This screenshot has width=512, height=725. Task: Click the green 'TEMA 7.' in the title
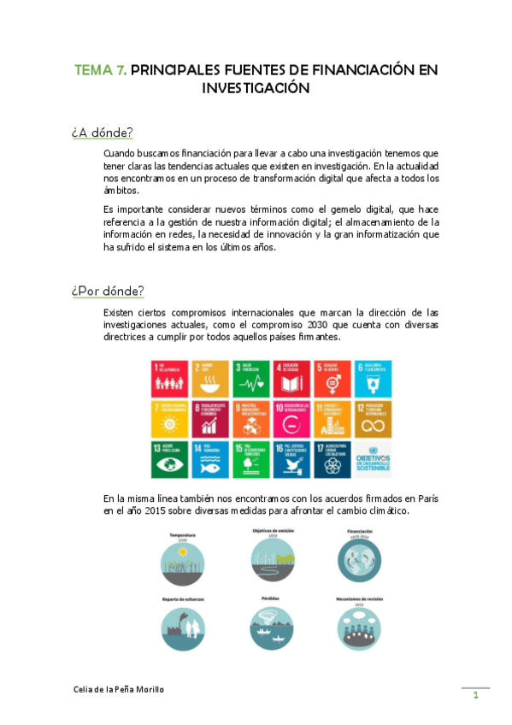tap(101, 70)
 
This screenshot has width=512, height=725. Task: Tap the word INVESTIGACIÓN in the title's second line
tap(255, 87)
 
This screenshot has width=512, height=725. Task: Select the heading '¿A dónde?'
tap(102, 133)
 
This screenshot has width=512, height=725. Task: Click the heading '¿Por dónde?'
tap(108, 290)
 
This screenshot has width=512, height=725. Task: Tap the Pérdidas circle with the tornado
tap(272, 629)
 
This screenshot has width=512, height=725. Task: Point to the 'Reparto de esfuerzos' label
tap(183, 599)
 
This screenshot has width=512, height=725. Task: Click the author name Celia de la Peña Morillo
tap(119, 688)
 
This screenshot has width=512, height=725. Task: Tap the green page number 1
tap(475, 695)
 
